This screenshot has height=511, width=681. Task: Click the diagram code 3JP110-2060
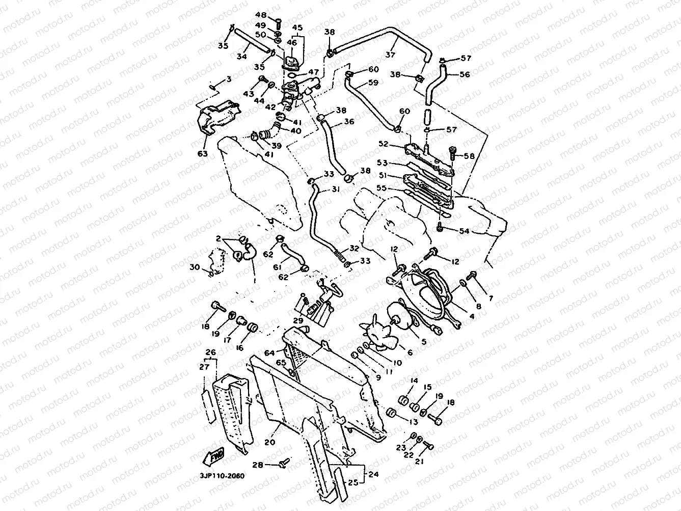223,476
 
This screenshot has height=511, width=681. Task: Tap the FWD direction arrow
217,458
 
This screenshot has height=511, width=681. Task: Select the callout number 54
464,231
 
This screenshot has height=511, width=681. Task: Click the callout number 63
203,153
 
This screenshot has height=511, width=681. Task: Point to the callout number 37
391,54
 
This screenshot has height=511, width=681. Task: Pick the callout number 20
269,442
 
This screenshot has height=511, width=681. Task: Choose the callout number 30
195,267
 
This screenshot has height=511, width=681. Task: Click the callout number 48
261,15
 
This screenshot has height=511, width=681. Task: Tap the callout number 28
258,465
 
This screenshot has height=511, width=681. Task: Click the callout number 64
269,353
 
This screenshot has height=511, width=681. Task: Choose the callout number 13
413,421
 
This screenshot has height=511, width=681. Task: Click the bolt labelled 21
428,446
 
